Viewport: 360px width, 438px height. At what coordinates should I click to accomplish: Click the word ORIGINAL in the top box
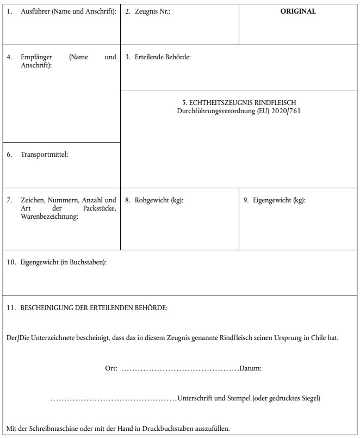(x=298, y=11)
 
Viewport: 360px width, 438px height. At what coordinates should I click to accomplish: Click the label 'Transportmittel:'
(x=44, y=155)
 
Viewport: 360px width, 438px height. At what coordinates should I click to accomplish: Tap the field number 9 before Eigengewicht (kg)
(x=246, y=200)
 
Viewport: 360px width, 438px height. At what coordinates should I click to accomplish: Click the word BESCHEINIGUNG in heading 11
(x=45, y=307)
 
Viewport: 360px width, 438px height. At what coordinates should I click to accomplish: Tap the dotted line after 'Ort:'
(x=179, y=369)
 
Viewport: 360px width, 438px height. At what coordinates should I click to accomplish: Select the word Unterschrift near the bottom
(x=195, y=399)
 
